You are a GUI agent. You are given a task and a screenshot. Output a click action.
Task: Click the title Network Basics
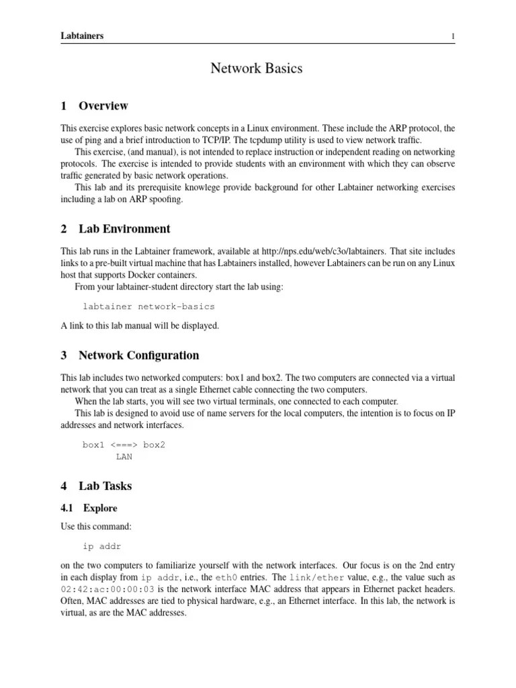(257, 68)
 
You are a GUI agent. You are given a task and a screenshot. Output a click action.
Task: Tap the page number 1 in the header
(454, 36)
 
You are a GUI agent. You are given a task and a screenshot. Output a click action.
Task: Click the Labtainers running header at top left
(82, 36)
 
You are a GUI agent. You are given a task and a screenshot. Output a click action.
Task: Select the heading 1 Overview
(94, 105)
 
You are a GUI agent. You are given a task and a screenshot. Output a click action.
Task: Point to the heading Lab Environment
(124, 229)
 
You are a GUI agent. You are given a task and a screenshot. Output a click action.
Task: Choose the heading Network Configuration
(138, 355)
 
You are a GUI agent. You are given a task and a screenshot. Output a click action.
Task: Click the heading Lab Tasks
(105, 486)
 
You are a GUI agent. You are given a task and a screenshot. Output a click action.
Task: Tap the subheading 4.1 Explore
(89, 508)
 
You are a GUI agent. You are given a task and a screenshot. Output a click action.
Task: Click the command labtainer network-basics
(148, 306)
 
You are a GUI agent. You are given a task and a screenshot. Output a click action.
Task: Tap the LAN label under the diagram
(124, 457)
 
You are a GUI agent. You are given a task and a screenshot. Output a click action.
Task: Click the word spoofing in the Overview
(165, 199)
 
